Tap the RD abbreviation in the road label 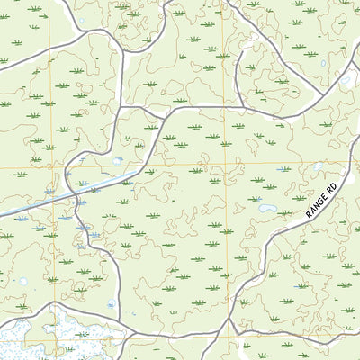pyautogui.click(x=330, y=188)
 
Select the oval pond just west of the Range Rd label pyautogui.click(x=267, y=209)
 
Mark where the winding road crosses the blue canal pyautogui.click(x=69, y=192)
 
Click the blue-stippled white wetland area pyautogui.click(x=36, y=337)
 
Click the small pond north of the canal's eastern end pyautogui.click(x=118, y=161)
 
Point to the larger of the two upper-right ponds pyautogui.click(x=346, y=79)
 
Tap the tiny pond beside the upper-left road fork pyautogui.click(x=81, y=23)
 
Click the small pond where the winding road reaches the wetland pyautogui.click(x=110, y=305)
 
